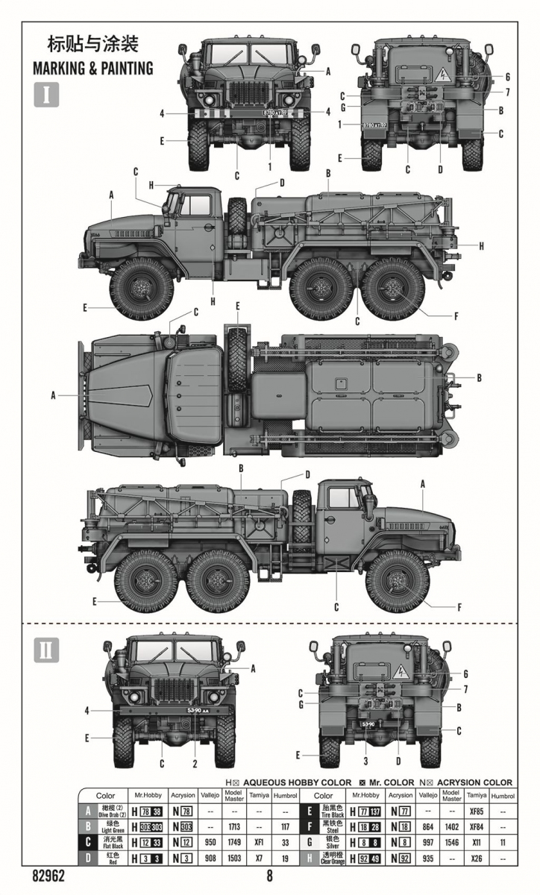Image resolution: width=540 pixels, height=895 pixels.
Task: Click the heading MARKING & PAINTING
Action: coord(92,69)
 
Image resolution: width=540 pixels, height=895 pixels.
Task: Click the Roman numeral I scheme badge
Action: coord(46,95)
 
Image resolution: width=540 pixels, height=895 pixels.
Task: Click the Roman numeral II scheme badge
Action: coord(46,650)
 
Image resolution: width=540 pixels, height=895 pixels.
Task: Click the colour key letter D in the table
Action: coord(88,858)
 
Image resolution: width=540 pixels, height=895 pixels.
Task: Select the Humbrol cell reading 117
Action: coord(284,826)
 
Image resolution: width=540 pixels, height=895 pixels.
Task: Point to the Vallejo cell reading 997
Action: coord(427,842)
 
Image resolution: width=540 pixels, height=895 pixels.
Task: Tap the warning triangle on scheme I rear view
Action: coord(442,74)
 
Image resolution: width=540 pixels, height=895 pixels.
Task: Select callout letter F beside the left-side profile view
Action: coord(456,315)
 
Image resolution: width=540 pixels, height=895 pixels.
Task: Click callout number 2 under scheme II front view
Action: coord(195,763)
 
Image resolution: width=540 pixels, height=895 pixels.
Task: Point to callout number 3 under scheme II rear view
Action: coord(366,761)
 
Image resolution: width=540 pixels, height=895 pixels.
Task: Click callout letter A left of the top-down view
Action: coord(53,395)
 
